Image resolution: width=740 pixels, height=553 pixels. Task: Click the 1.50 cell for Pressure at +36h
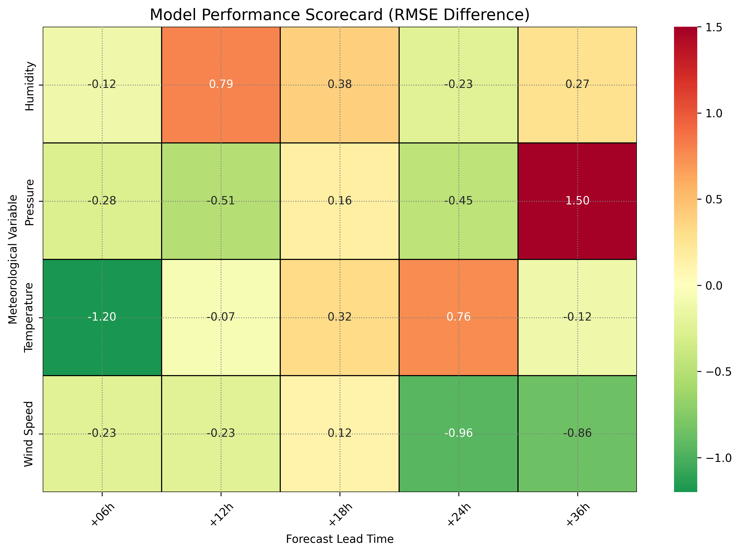click(x=577, y=201)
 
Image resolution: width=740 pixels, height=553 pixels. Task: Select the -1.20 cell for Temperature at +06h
click(x=102, y=317)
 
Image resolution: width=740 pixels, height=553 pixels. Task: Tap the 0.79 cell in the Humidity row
click(x=221, y=84)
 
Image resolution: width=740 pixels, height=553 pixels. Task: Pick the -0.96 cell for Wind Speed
click(x=458, y=433)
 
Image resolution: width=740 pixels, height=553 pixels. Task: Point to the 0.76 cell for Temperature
click(x=458, y=317)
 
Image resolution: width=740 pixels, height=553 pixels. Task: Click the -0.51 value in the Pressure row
click(x=221, y=201)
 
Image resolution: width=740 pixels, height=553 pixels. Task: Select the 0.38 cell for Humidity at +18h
click(x=340, y=84)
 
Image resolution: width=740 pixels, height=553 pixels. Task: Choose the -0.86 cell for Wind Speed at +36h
click(x=577, y=433)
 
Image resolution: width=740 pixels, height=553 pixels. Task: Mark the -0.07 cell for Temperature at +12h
click(x=221, y=317)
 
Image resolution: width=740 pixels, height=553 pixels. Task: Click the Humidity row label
click(x=30, y=86)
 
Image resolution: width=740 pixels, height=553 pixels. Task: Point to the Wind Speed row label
click(x=29, y=434)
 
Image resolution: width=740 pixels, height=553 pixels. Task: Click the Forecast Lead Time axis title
click(x=340, y=539)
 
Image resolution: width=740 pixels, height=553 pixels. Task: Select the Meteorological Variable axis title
click(x=13, y=259)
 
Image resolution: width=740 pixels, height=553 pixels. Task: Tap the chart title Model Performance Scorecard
click(x=340, y=15)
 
